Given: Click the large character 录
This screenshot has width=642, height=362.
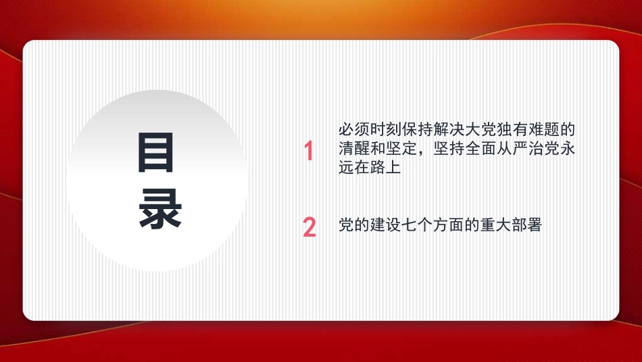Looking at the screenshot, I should (x=160, y=210).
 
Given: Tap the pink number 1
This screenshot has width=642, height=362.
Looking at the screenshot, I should (x=309, y=152).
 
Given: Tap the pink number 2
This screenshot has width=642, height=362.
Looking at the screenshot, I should (x=310, y=227).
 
